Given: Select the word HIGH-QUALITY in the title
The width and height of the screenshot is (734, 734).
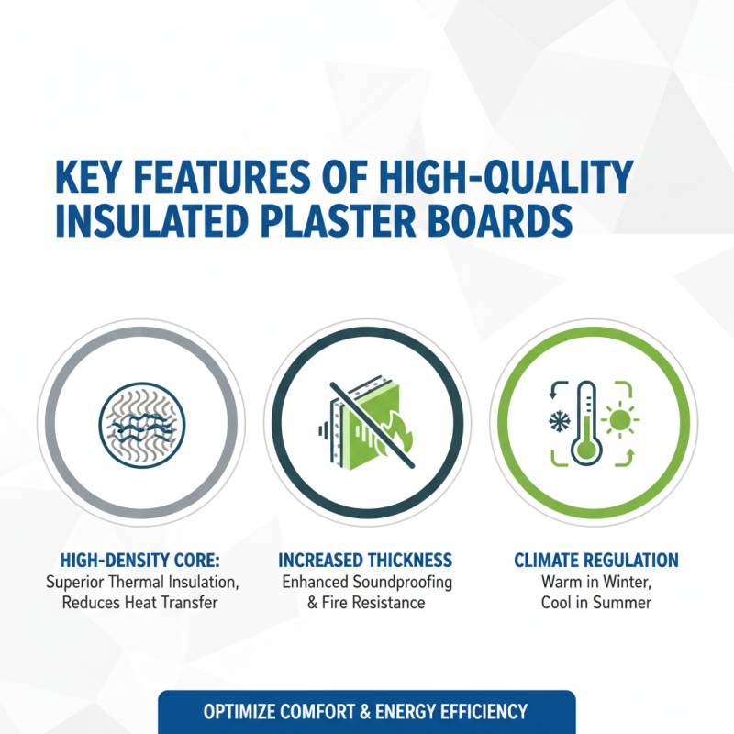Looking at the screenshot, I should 494,177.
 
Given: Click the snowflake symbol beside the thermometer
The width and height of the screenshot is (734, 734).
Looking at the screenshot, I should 557,422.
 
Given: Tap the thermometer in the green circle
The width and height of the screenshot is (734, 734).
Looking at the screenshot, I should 584,422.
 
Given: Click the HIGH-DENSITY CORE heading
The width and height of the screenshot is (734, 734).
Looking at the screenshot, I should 141,561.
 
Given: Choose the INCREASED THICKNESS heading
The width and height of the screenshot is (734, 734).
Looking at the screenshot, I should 366,561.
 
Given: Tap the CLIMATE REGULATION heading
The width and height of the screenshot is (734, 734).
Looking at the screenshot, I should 596,561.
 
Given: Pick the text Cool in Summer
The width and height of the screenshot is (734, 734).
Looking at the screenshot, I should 596,603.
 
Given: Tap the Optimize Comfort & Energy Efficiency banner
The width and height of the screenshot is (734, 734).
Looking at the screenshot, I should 366,712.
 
